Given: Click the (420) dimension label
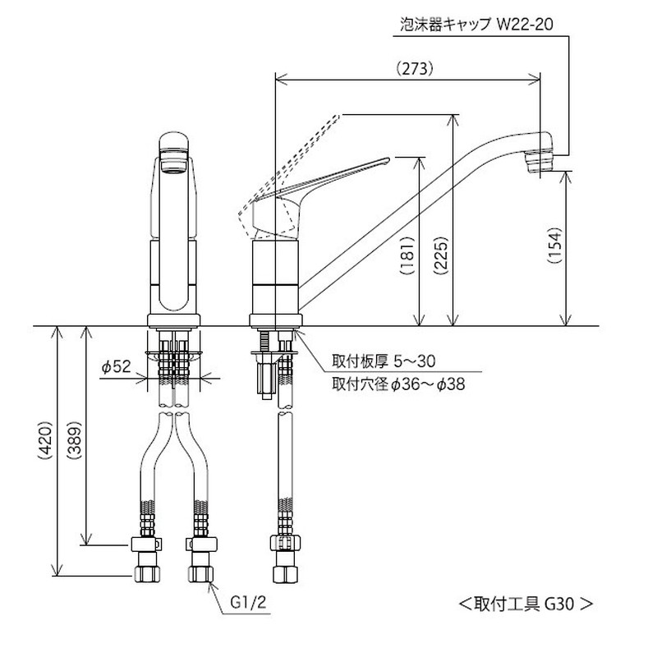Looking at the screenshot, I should pos(46,452).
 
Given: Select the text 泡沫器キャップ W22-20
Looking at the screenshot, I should pos(476,25).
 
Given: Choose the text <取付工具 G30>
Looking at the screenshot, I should pos(525,603).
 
